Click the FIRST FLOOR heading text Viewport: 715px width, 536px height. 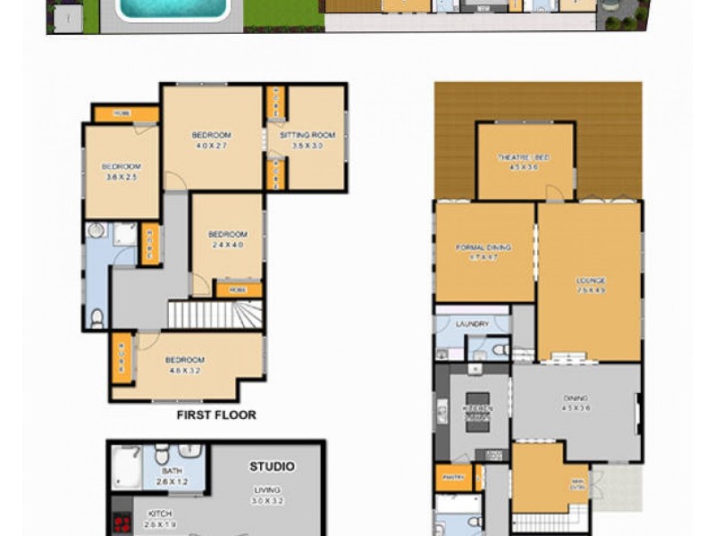point(215,415)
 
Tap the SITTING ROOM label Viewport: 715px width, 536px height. point(307,135)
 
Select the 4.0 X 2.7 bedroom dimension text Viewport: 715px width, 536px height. point(211,146)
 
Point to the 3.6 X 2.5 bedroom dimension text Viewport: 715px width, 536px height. point(121,177)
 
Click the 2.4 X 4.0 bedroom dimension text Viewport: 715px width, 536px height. point(227,245)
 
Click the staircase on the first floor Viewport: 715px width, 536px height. point(214,314)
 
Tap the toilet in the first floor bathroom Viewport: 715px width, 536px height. point(97,317)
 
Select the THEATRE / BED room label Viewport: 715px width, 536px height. point(524,157)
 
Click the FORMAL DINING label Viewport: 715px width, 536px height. point(483,247)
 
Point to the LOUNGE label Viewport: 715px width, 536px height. point(591,281)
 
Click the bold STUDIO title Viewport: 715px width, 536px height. point(272,466)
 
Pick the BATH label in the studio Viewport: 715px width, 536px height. point(172,471)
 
